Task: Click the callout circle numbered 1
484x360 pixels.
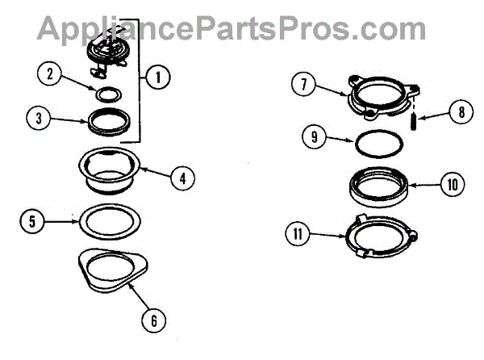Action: [158, 77]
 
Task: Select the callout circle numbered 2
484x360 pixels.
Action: [50, 75]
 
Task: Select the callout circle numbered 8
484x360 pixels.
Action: [461, 112]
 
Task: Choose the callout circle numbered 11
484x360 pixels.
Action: [298, 236]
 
